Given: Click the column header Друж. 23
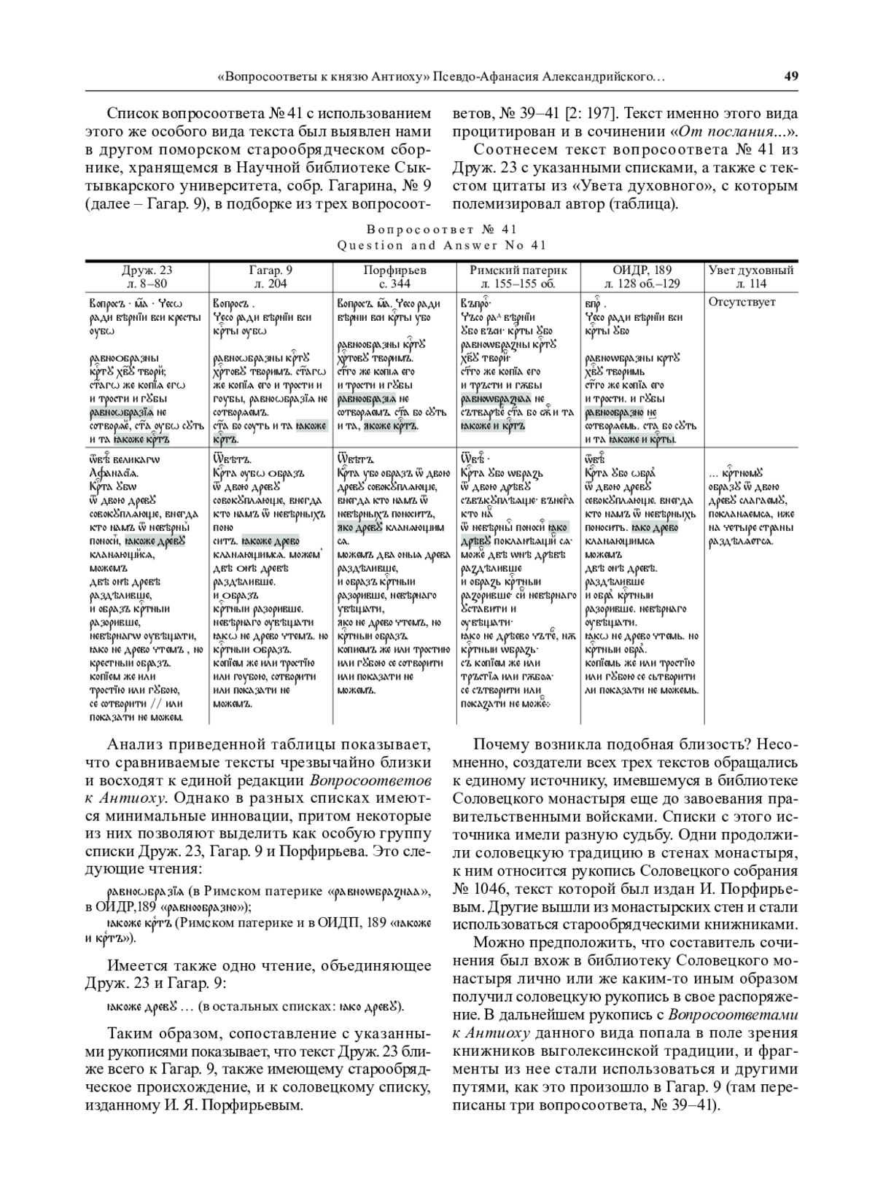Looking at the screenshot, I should (x=147, y=270).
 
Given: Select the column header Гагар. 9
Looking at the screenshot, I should (x=271, y=270).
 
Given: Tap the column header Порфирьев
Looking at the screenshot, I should (x=394, y=270).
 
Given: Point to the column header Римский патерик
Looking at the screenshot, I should (x=518, y=270).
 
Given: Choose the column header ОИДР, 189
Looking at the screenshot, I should (x=642, y=270).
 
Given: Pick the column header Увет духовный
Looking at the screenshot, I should (x=751, y=270).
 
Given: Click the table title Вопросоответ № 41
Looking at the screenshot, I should (x=442, y=231).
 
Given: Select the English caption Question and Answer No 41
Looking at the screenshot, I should (x=442, y=246).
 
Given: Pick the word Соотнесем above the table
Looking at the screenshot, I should (x=512, y=149).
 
